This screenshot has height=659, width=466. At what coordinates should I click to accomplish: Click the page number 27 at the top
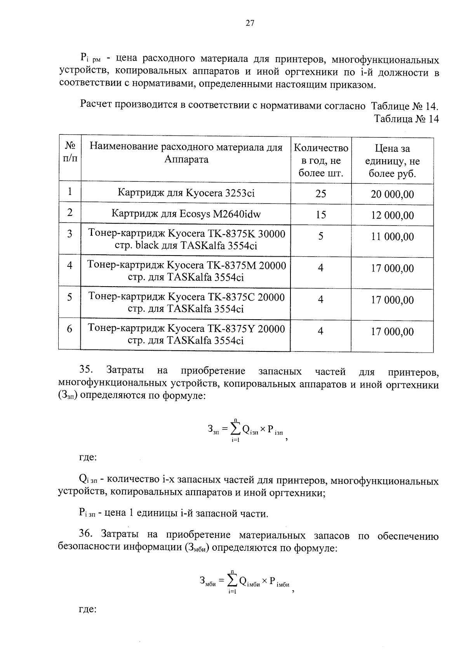(250, 23)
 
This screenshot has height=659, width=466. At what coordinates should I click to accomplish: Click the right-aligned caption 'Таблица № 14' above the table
(406, 119)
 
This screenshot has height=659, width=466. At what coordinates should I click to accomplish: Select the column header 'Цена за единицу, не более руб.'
(392, 161)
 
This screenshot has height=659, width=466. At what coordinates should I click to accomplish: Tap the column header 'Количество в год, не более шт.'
(321, 160)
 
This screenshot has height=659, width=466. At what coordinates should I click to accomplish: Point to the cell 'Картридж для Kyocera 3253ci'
(186, 193)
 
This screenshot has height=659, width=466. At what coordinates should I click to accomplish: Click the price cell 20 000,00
(392, 194)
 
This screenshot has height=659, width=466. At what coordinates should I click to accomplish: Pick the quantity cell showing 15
(321, 214)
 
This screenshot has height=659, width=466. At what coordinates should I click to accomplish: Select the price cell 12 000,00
(392, 215)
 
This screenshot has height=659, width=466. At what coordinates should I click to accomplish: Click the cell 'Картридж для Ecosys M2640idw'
(186, 214)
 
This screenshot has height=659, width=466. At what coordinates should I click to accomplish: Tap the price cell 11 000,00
(392, 236)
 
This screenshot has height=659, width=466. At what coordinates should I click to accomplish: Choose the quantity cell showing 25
(321, 193)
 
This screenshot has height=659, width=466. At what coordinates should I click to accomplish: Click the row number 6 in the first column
(70, 329)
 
